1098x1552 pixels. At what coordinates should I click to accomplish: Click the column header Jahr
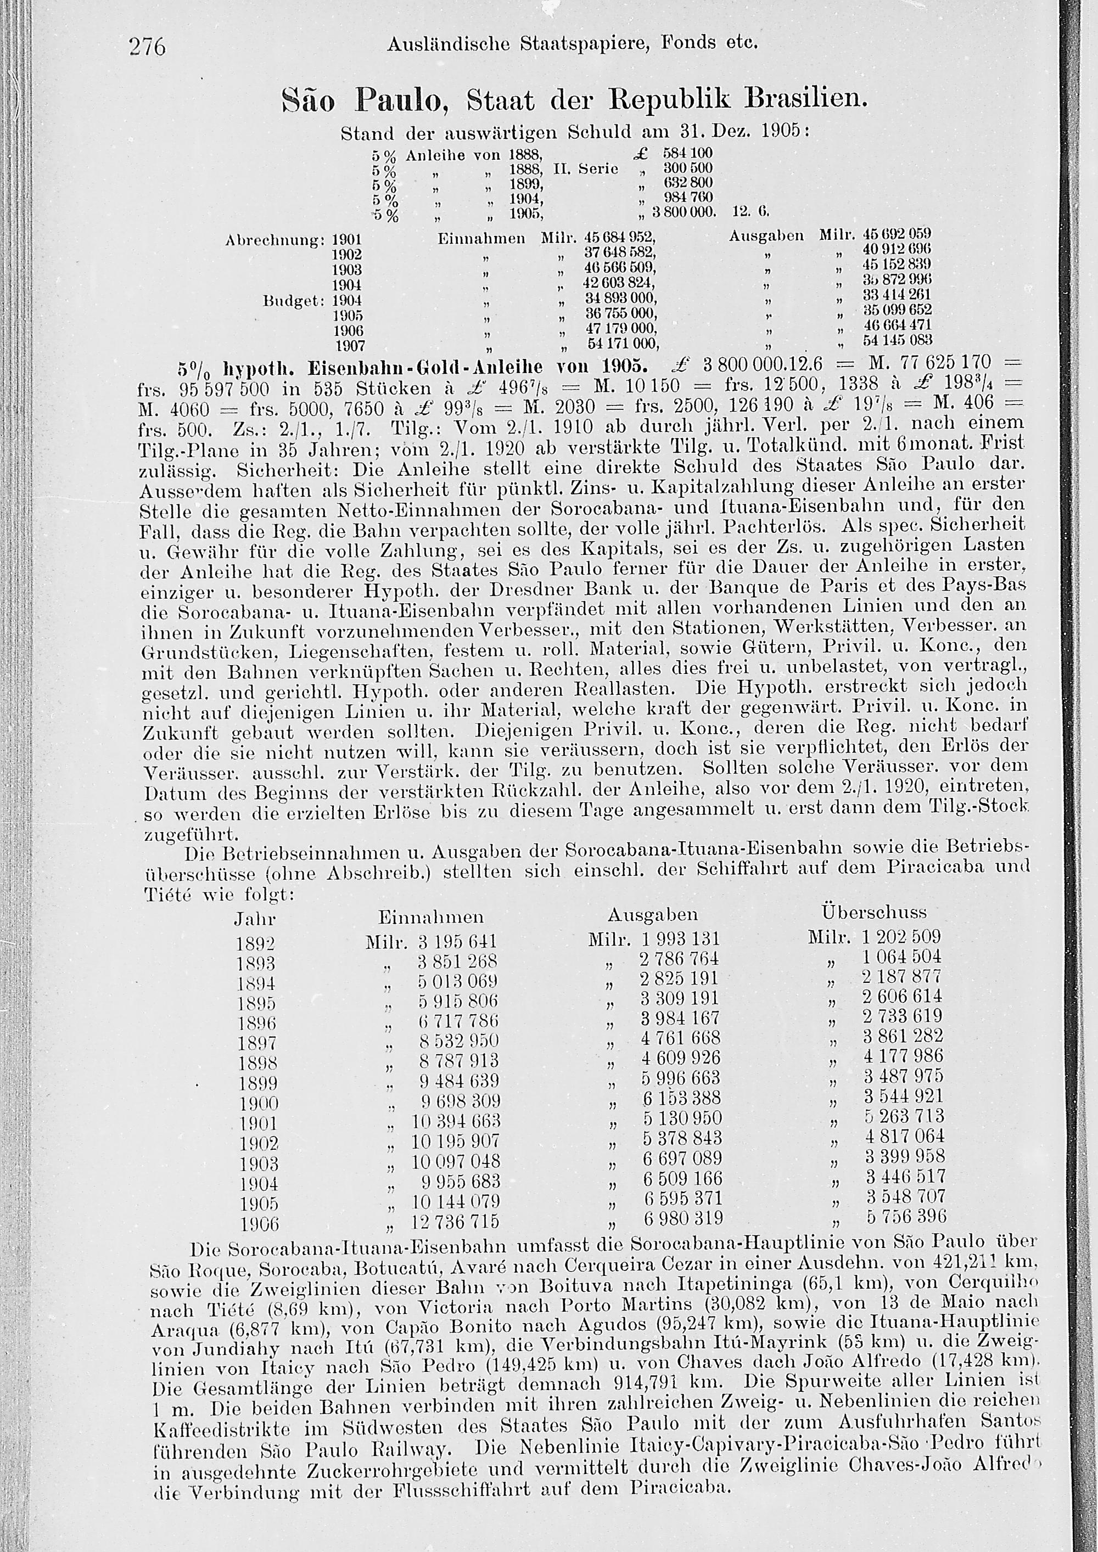(255, 919)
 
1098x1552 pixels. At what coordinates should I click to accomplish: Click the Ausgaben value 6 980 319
(681, 1218)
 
